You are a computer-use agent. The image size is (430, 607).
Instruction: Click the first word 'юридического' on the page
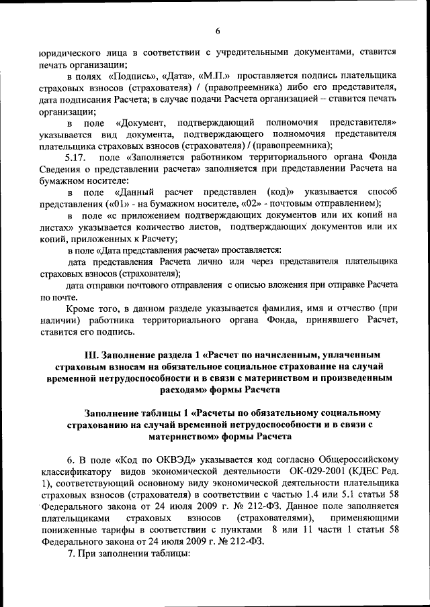pyautogui.click(x=71, y=51)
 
